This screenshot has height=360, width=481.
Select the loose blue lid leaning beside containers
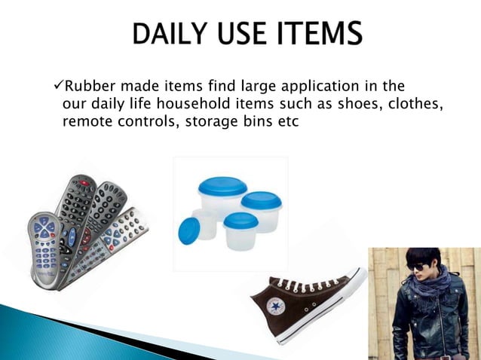(188, 230)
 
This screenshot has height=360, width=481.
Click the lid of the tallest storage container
(222, 185)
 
